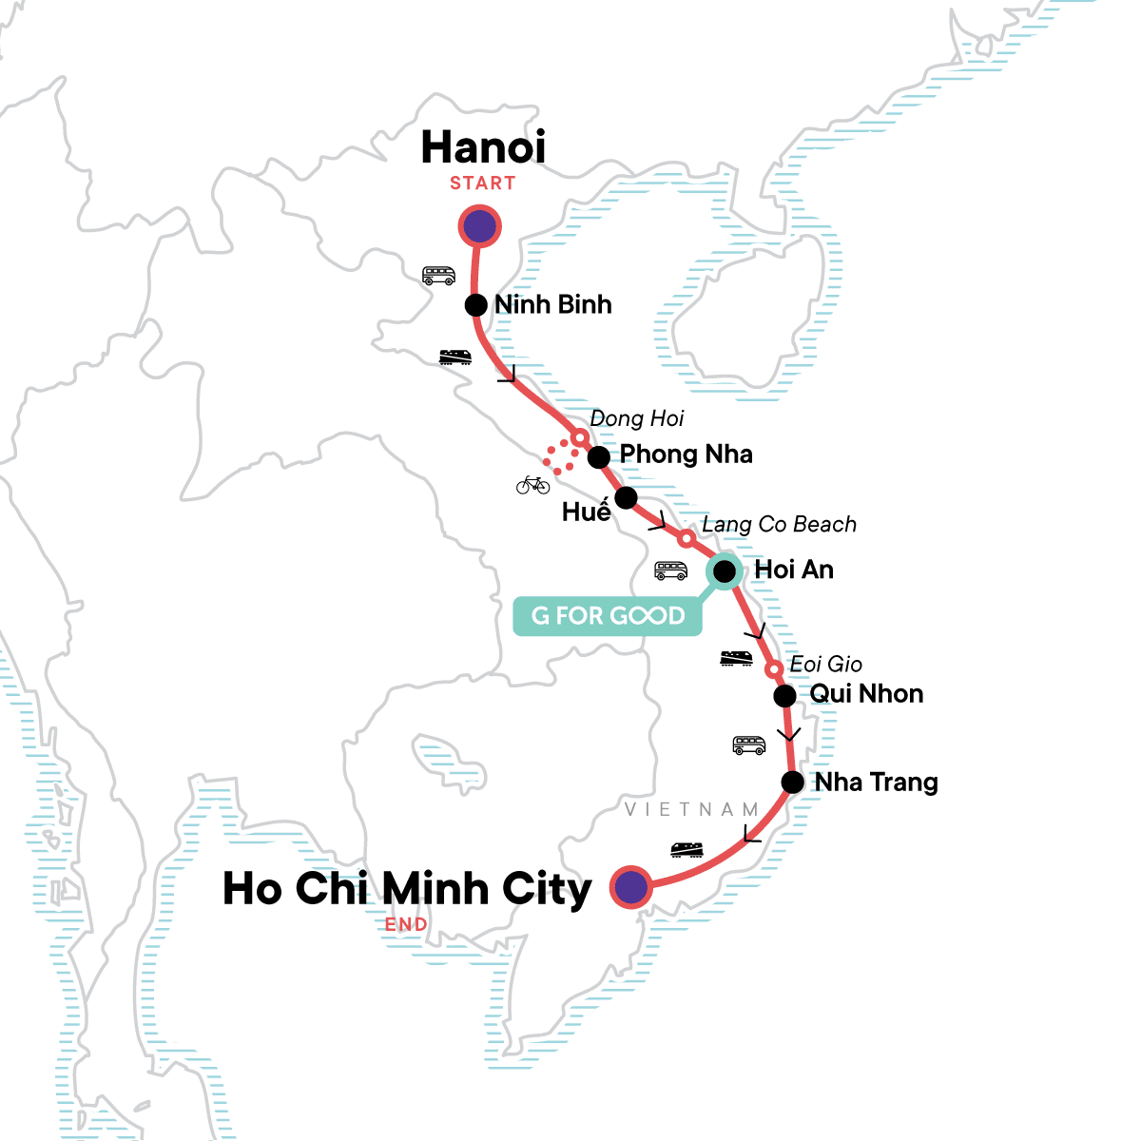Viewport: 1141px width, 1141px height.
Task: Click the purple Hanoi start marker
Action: click(480, 227)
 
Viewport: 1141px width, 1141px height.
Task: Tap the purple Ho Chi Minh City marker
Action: click(631, 887)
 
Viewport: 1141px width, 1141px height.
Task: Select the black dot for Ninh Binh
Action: click(476, 305)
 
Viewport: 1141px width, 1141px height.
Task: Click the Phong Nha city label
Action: click(686, 454)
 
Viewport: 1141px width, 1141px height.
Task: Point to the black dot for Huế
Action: click(626, 497)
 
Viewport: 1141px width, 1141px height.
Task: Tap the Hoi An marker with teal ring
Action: click(724, 571)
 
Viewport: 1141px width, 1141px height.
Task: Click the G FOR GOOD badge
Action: click(608, 616)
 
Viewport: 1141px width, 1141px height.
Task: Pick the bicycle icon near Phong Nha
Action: click(533, 485)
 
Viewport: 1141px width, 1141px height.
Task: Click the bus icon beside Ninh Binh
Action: click(438, 276)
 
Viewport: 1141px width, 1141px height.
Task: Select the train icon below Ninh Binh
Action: click(455, 358)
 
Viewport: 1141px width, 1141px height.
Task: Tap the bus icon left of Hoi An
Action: click(670, 570)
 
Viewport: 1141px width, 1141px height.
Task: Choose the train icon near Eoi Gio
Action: click(737, 658)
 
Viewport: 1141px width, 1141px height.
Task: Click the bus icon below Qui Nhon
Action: click(749, 745)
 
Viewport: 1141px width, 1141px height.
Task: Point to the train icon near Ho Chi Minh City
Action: click(687, 849)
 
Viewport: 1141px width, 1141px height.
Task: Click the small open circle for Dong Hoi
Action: click(578, 438)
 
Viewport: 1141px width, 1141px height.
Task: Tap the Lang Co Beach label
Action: click(779, 525)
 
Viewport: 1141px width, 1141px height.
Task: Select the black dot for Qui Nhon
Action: click(784, 696)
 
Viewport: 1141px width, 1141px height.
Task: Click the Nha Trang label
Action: click(876, 783)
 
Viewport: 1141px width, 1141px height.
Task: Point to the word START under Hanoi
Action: click(483, 184)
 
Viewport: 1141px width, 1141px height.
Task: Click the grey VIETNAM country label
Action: click(691, 810)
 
